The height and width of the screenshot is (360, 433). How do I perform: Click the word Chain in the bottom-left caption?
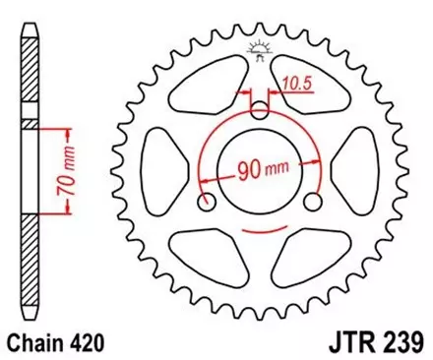tap(38, 342)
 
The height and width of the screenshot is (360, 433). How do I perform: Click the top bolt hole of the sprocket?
tap(260, 109)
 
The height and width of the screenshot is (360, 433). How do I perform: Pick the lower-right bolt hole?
tap(314, 204)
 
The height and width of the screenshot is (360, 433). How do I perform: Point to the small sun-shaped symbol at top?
tap(260, 50)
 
